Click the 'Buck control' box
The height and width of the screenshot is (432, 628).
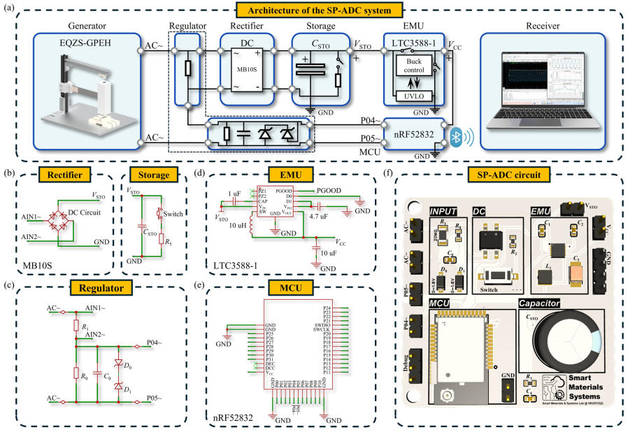[413, 66]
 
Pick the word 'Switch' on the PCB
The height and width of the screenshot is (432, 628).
[489, 287]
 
